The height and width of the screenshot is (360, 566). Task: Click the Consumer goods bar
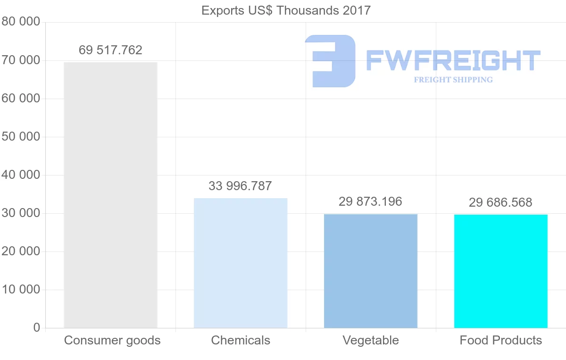coord(110,195)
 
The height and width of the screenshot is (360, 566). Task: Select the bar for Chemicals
coord(241,263)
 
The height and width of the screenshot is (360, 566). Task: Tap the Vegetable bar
coord(371,271)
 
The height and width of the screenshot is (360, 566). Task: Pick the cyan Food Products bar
coord(501,271)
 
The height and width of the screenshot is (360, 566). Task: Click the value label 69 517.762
coord(110,50)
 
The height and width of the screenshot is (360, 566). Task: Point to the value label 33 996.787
coord(241,186)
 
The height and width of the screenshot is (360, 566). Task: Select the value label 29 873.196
coord(371,202)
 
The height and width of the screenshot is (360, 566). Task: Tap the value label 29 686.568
coord(500,203)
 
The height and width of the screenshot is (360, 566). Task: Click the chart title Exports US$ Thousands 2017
coord(286,10)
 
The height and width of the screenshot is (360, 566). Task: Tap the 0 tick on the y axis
coord(37,328)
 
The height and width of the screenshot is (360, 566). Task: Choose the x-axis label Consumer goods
coord(112,340)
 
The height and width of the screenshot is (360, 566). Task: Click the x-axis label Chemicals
coord(241,340)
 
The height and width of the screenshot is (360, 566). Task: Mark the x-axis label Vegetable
coord(371,340)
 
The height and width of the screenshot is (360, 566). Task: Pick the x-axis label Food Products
coord(501,340)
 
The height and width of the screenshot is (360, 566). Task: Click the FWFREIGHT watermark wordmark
coord(453,60)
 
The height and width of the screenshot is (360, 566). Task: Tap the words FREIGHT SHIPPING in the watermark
coord(453,80)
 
